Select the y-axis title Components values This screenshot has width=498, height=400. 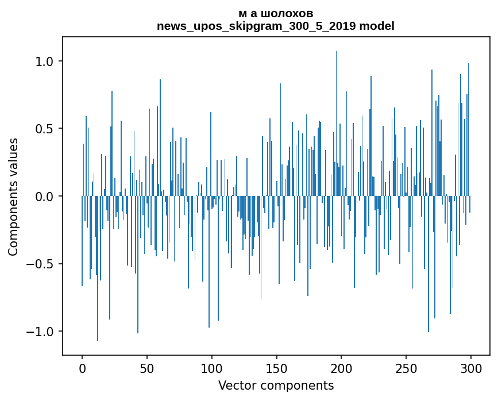point(13,197)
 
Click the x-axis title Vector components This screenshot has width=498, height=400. point(276,385)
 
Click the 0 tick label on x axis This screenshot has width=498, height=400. point(82,368)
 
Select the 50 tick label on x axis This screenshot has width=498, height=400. point(147,368)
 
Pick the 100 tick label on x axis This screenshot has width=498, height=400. point(212,368)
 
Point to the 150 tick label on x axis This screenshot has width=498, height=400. point(276,368)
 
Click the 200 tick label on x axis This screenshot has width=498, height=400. point(341,368)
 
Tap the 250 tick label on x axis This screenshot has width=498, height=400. point(406,368)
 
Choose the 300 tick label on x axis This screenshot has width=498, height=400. point(471,368)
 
